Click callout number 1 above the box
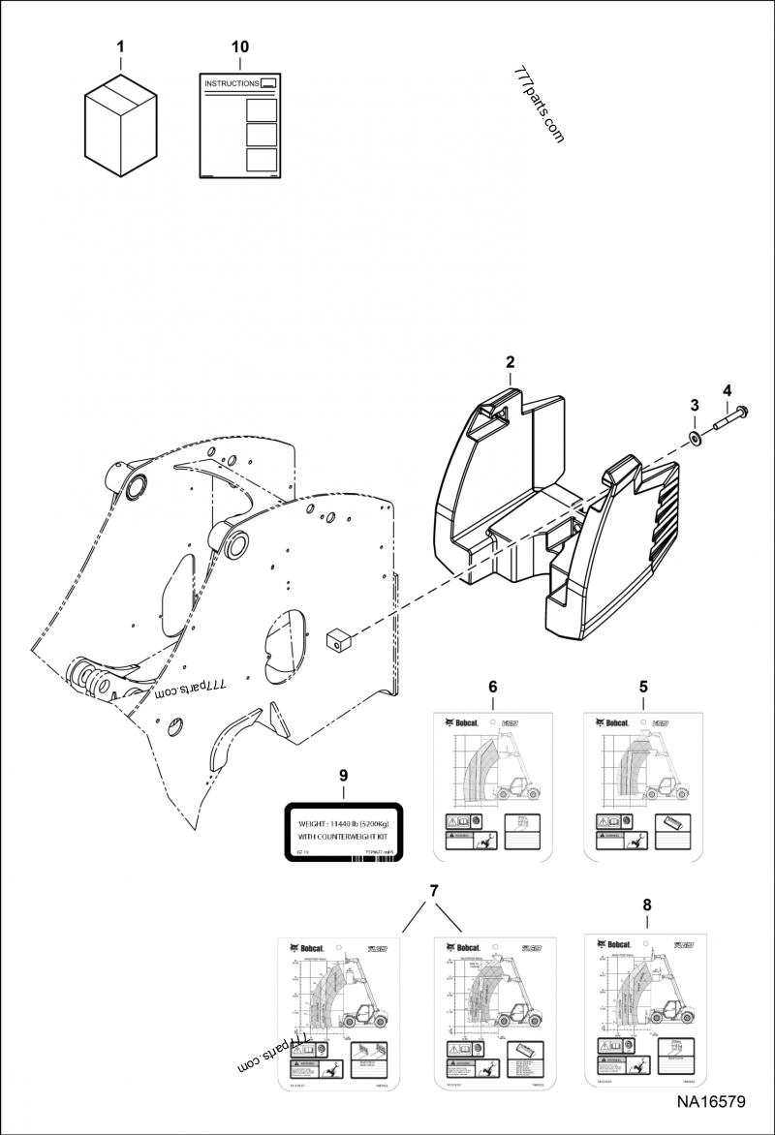point(120,46)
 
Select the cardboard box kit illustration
point(120,123)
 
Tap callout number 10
point(240,46)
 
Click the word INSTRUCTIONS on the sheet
point(232,84)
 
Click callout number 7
point(434,890)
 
